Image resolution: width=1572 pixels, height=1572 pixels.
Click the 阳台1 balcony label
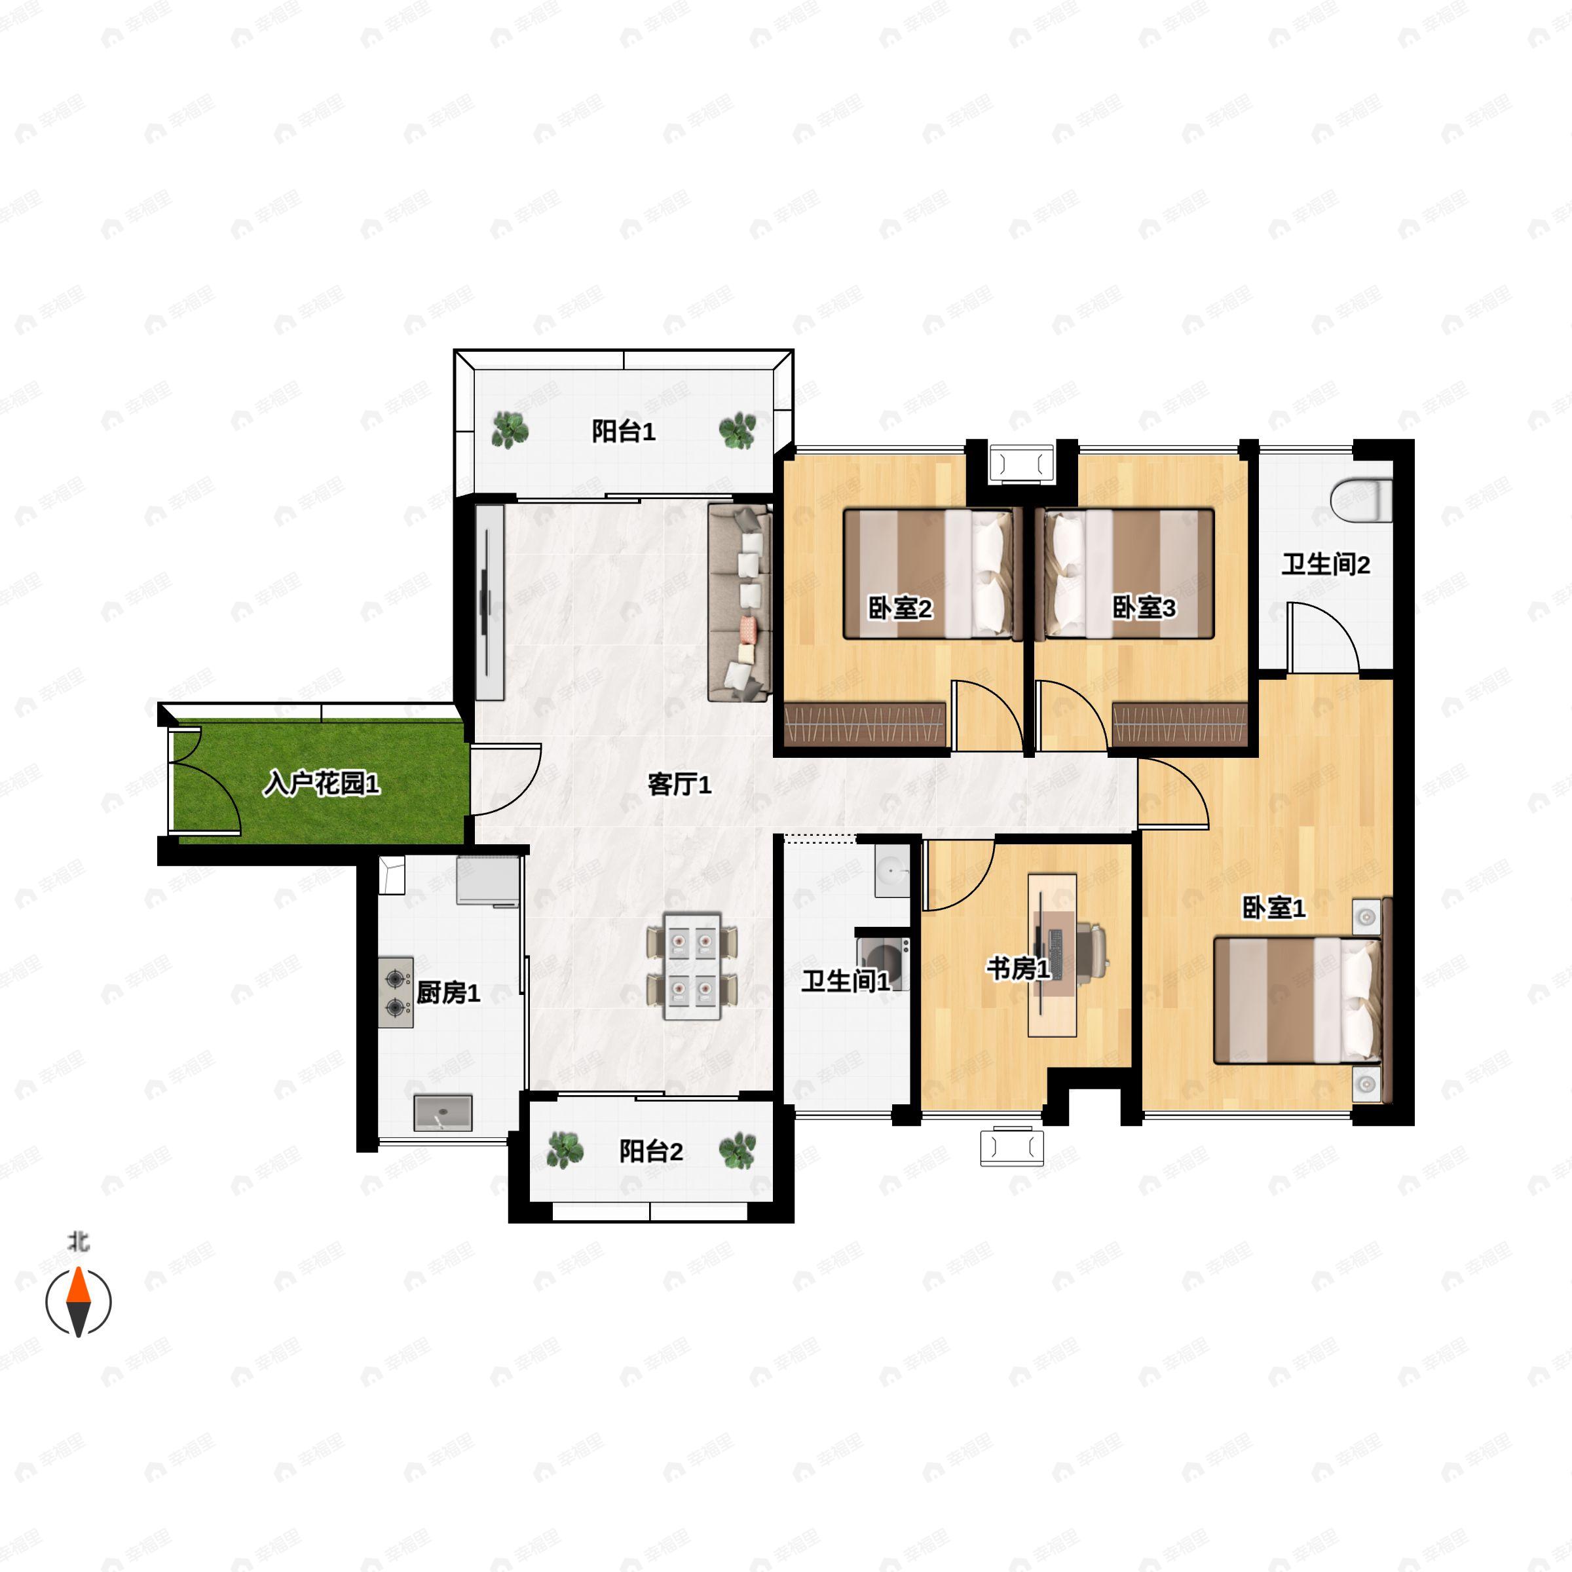point(624,431)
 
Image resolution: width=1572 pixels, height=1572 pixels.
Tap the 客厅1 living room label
point(679,785)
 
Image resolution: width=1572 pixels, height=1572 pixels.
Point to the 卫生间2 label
point(1326,564)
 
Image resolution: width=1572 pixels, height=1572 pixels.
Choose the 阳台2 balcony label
point(651,1151)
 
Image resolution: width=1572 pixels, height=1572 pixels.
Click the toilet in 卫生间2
point(1362,500)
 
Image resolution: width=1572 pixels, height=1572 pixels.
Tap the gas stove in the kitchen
point(396,992)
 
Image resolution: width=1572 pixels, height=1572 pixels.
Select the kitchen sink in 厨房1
point(443,1113)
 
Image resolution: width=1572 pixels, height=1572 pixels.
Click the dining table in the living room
point(692,966)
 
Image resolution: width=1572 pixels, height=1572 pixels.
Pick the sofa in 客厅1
point(739,602)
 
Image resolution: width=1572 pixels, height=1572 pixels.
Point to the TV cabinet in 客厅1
point(490,602)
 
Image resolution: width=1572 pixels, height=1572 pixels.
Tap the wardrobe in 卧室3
point(1179,724)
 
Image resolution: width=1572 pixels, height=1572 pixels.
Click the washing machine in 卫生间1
point(882,964)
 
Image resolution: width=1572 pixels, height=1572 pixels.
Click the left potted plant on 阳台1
point(510,430)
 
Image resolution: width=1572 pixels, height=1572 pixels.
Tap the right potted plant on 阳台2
point(737,1151)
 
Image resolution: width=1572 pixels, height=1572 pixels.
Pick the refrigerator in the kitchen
point(487,880)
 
